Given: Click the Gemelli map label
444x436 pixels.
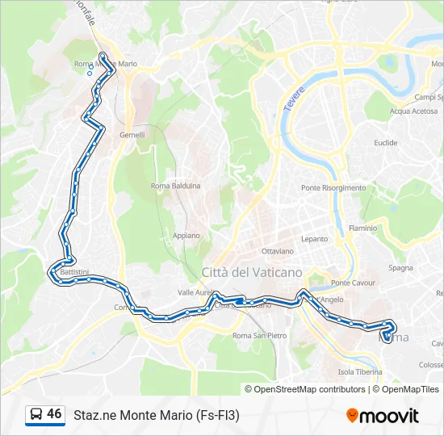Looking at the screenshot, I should pos(132,135).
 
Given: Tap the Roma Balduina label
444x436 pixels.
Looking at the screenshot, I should pos(176,186).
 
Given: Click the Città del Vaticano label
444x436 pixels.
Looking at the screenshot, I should pos(252,272).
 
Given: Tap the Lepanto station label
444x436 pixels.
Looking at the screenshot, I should pos(315,239).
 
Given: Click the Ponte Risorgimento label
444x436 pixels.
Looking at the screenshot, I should pos(333,188).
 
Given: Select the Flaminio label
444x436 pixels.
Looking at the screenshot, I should pos(362,228).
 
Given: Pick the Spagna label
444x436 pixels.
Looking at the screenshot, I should pos(401,267).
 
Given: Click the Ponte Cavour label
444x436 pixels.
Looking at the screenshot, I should pos(351,283).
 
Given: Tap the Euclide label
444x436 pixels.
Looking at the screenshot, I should pos(385,143).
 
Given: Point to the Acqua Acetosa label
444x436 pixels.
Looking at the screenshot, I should pos(413,111).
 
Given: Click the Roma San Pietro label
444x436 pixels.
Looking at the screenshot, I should pos(259,335).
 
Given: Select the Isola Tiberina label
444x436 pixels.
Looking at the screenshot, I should pos(358,372).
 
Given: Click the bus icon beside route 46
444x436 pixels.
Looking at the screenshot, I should pos(36,415).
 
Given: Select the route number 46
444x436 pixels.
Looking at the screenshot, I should pos(54,414).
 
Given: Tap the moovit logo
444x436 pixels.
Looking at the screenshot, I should pos(383,416).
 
